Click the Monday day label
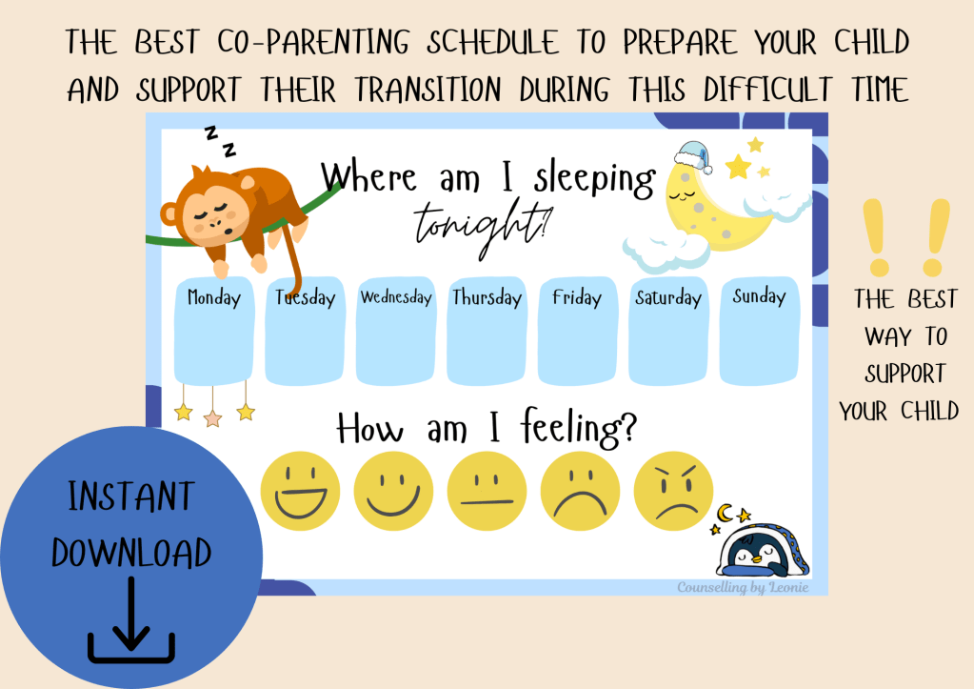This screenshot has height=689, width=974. pyautogui.click(x=213, y=298)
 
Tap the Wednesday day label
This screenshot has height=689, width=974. pyautogui.click(x=396, y=296)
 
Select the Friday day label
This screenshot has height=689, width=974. pyautogui.click(x=577, y=298)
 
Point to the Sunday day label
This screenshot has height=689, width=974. pyautogui.click(x=759, y=296)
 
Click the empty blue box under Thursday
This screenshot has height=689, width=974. pyautogui.click(x=487, y=346)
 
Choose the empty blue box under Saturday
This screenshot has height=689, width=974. pyautogui.click(x=668, y=346)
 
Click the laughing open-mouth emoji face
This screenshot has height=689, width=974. pyautogui.click(x=300, y=491)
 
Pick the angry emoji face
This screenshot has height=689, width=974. pyautogui.click(x=673, y=491)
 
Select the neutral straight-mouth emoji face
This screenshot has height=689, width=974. pyautogui.click(x=487, y=491)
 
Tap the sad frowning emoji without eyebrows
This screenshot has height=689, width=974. pyautogui.click(x=580, y=491)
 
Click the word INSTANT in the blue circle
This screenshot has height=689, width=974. pyautogui.click(x=131, y=496)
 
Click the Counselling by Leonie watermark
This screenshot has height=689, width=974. pyautogui.click(x=743, y=588)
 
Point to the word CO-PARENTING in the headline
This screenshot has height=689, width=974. pyautogui.click(x=313, y=43)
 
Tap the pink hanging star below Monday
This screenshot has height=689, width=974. pyautogui.click(x=213, y=417)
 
